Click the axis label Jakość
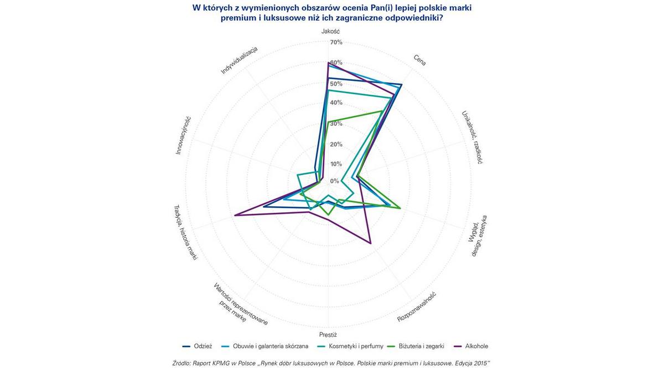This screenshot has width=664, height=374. click(330, 32)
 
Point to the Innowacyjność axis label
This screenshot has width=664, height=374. click(183, 135)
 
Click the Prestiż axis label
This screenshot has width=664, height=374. click(328, 335)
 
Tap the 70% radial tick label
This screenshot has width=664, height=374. click(336, 43)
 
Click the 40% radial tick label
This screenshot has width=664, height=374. click(336, 103)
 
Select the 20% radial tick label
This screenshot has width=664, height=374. click(336, 144)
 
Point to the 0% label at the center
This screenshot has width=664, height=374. click(335, 181)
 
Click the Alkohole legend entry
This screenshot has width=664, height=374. click(476, 346)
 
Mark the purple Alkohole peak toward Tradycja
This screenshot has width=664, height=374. click(235, 216)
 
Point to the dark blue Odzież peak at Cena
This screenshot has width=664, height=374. click(402, 84)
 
